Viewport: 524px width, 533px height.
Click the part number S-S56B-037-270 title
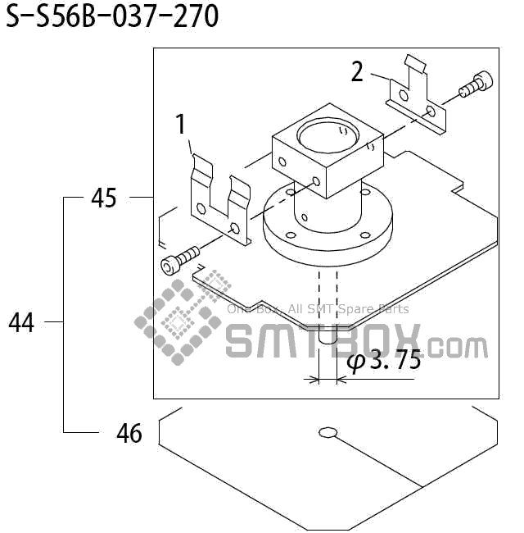[112, 16]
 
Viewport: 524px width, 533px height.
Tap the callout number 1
[181, 124]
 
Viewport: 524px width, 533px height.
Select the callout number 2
[357, 71]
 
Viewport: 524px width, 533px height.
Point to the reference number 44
[22, 322]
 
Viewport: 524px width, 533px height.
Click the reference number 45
[104, 198]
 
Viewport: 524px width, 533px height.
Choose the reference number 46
[129, 434]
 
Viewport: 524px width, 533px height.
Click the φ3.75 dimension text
[384, 360]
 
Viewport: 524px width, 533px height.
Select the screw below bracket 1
[180, 261]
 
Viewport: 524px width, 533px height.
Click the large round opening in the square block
[327, 136]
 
